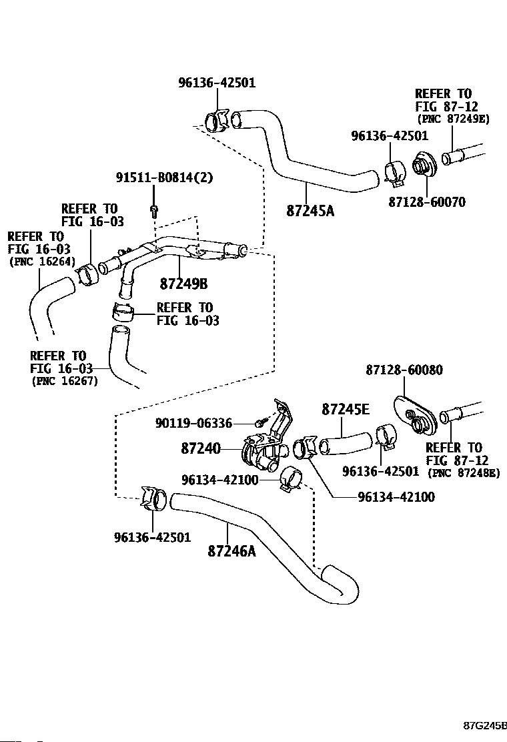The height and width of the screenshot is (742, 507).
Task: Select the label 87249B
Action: (183, 284)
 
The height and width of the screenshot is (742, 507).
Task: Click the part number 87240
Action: (200, 449)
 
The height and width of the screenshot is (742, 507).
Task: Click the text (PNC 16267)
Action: (64, 382)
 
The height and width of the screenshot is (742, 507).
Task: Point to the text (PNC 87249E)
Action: (453, 119)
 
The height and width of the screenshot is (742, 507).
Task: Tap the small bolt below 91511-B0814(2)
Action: (155, 211)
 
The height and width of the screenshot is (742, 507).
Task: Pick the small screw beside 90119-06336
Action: (262, 423)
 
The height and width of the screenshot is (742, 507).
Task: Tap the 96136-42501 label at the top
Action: (217, 83)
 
